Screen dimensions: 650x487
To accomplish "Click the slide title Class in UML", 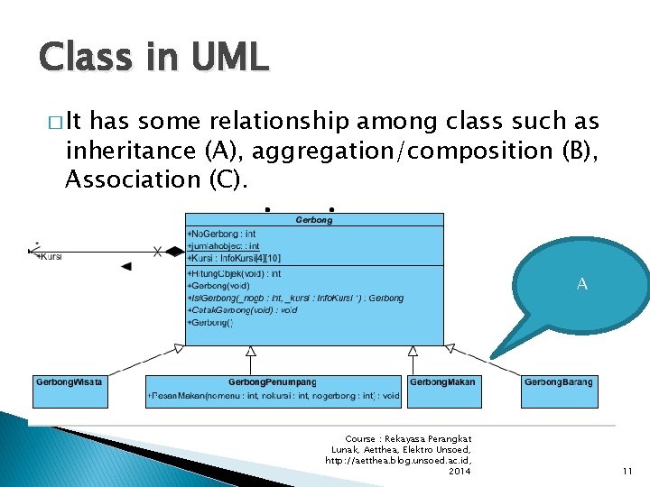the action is click(153, 57).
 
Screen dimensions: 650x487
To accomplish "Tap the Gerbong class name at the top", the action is click(314, 219).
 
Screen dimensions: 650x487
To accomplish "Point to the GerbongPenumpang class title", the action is click(273, 382).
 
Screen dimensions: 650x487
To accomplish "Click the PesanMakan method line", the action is click(273, 396).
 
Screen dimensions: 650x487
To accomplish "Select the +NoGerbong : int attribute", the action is click(222, 234).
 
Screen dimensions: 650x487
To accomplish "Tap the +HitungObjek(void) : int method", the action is click(234, 272).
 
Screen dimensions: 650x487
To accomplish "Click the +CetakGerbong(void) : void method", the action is click(242, 309).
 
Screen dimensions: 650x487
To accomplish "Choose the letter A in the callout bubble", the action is click(582, 284).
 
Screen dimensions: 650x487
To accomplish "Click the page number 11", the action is click(627, 472).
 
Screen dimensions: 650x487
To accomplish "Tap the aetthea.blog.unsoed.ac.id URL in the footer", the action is click(397, 460).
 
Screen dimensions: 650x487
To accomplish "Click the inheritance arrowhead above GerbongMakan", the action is click(413, 350).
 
